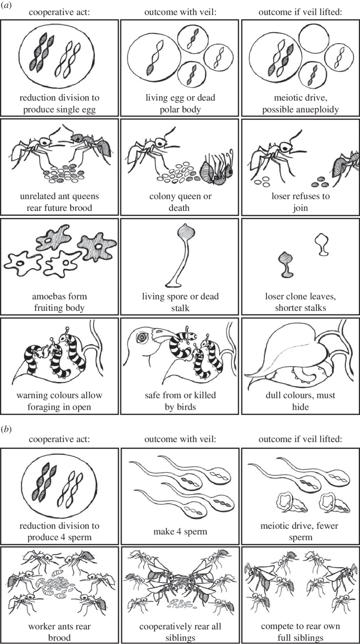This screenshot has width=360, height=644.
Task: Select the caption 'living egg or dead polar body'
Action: (x=180, y=104)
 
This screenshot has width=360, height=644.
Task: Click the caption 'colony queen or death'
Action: (x=180, y=202)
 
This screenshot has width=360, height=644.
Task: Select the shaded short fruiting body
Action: (x=286, y=264)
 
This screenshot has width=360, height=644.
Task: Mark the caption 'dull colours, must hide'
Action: (x=300, y=401)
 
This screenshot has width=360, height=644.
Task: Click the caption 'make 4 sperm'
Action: (x=180, y=531)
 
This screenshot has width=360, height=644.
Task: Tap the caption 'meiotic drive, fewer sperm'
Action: (x=300, y=531)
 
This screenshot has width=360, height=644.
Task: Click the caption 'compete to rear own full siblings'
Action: (x=300, y=632)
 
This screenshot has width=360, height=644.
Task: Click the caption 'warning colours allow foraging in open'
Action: (x=59, y=401)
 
